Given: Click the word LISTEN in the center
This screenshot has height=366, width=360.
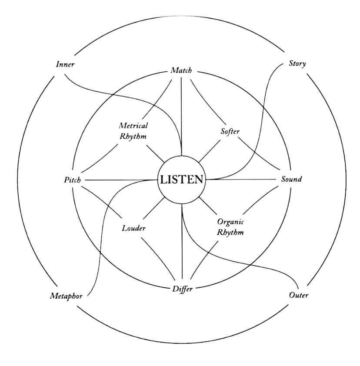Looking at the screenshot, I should point(181,180).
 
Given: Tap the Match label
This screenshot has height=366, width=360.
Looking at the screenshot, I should point(181,70).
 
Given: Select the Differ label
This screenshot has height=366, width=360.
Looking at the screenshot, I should point(182,289).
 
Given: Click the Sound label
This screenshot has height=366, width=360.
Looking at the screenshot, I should point(291,180).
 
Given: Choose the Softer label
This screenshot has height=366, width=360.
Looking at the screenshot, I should point(230,131).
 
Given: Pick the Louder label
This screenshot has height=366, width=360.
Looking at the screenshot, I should point(133,228).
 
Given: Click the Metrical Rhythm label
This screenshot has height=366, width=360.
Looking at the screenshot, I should point(133,130).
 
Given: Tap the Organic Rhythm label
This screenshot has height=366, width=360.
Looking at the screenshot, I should point(230,226).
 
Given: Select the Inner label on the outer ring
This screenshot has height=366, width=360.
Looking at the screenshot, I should point(66,64).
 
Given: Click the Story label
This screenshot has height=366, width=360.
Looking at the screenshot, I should point(297,63).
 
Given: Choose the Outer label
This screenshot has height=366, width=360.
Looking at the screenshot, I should point(299,296).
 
